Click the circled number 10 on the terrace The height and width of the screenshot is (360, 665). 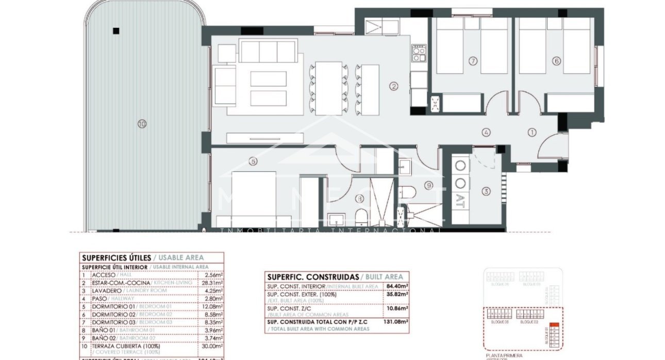click(141, 123)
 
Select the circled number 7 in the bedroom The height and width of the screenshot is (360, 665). click(473, 61)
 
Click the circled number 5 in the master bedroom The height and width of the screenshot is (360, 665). click(253, 161)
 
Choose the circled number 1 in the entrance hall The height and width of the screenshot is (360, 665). click(531, 133)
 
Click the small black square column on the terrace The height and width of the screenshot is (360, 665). click(117, 30)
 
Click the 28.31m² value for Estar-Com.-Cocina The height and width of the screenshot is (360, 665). click(214, 283)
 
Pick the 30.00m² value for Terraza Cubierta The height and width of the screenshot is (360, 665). click(214, 348)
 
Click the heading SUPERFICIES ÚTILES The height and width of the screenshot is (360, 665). click(117, 257)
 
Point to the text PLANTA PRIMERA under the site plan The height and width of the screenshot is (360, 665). click(504, 355)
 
